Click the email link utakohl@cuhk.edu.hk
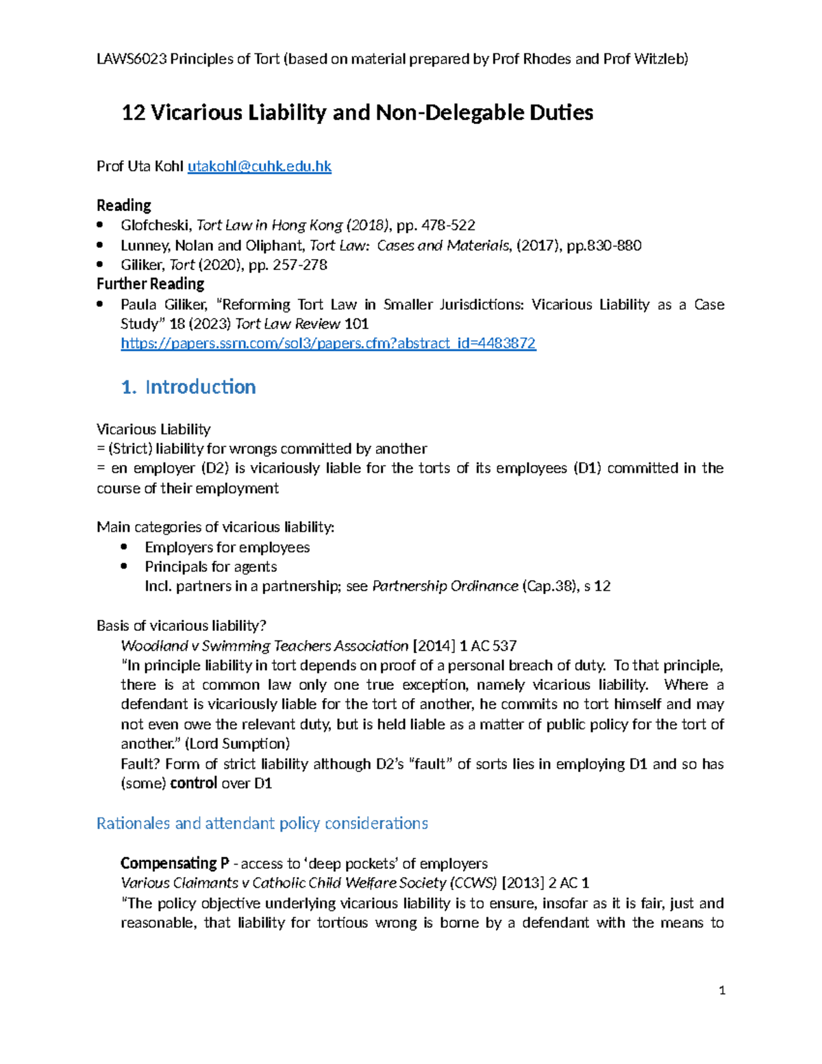point(259,166)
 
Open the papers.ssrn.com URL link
point(328,343)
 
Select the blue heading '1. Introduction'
point(188,387)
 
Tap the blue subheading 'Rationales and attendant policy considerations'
point(262,824)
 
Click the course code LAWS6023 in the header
point(132,59)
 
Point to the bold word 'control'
point(194,783)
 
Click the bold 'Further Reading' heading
point(150,284)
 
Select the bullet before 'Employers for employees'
point(124,547)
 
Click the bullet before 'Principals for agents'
point(124,567)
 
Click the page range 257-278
point(300,264)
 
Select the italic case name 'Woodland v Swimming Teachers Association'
point(264,646)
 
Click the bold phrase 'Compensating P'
point(175,863)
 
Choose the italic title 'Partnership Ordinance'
point(445,586)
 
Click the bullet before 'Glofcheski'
point(101,225)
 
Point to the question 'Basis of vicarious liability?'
point(181,626)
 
